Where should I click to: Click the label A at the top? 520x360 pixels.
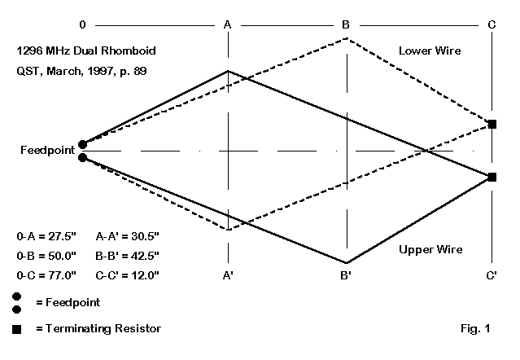click(229, 25)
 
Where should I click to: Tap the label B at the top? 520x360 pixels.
click(346, 25)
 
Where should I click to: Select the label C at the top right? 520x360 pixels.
click(492, 25)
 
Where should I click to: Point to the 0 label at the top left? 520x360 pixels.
click(82, 25)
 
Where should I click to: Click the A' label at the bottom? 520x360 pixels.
click(229, 275)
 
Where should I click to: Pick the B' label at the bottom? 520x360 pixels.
click(347, 275)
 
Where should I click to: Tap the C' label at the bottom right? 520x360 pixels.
click(492, 275)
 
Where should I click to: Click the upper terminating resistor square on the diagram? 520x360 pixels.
click(492, 124)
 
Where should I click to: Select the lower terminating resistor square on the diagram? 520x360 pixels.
click(492, 177)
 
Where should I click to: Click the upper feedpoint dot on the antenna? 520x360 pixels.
click(82, 145)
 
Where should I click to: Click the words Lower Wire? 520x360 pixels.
click(430, 50)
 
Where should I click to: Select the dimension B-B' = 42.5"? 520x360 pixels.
click(128, 255)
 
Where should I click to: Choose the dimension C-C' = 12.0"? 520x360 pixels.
click(128, 275)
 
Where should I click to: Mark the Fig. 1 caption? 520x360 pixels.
click(474, 329)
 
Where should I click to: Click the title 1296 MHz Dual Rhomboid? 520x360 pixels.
click(85, 50)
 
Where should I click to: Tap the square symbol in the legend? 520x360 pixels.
click(17, 329)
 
